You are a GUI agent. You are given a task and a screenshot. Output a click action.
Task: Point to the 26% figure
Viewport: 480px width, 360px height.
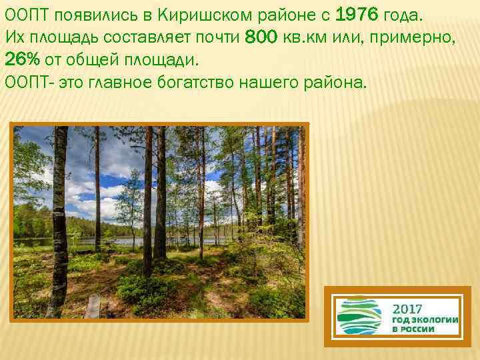coord(22,59)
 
